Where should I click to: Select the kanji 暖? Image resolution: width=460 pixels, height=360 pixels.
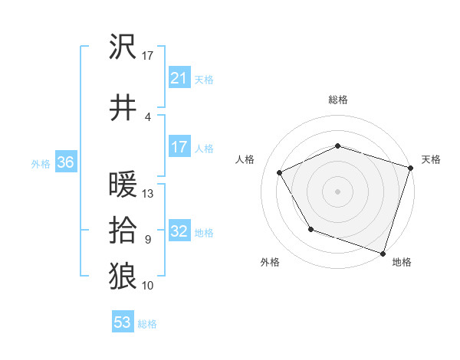click(x=123, y=185)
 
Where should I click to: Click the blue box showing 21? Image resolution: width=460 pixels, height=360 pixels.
click(x=179, y=78)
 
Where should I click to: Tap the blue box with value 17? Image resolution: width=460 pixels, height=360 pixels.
click(x=179, y=147)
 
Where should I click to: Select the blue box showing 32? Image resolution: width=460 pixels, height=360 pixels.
click(x=179, y=231)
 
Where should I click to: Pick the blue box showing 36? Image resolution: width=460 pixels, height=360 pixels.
click(x=65, y=162)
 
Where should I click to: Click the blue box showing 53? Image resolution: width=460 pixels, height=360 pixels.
click(x=123, y=322)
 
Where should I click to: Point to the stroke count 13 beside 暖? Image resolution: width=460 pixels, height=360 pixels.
click(x=148, y=194)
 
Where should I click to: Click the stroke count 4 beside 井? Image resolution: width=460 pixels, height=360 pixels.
click(x=147, y=117)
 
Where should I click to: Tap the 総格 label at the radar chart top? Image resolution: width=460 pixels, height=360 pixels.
click(x=338, y=100)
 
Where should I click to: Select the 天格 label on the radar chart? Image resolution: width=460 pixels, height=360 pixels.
click(x=431, y=159)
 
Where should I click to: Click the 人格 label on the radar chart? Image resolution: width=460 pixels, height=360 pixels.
click(x=245, y=159)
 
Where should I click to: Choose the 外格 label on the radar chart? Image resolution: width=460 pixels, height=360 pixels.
click(x=270, y=263)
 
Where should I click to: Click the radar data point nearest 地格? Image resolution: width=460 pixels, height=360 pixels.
click(x=383, y=253)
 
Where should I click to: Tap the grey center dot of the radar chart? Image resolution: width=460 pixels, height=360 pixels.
click(x=338, y=191)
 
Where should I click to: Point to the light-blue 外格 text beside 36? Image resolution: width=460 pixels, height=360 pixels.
click(x=41, y=163)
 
